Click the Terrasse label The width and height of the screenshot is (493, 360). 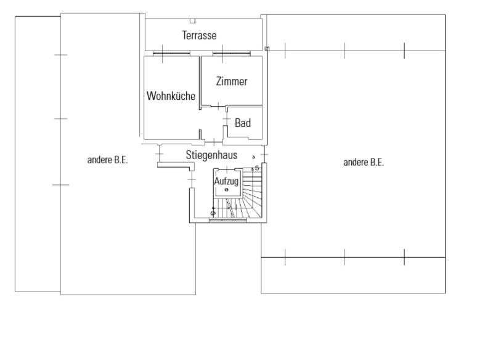tap(199, 35)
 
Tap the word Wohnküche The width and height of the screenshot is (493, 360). tap(171, 96)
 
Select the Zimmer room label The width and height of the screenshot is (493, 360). tap(232, 81)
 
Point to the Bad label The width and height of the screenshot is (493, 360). tap(243, 123)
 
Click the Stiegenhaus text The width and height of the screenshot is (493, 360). tap(211, 155)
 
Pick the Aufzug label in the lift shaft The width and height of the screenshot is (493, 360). tap(226, 181)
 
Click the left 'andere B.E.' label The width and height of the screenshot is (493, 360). tap(107, 160)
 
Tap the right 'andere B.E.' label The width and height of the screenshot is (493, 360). tap(364, 162)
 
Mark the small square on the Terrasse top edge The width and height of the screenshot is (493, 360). tap(192, 21)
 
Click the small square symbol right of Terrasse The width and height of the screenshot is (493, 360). tap(267, 49)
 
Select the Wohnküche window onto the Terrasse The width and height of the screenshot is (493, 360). tap(171, 54)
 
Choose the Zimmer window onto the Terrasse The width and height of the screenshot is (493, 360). tap(232, 54)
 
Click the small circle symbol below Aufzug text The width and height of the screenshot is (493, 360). tap(226, 190)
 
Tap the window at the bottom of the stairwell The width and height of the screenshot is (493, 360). tap(228, 221)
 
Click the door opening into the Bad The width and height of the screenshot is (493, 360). tap(226, 119)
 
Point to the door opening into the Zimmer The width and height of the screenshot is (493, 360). tap(218, 106)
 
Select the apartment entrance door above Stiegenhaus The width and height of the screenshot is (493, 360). tap(213, 142)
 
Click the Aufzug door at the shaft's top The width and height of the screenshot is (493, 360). tap(226, 170)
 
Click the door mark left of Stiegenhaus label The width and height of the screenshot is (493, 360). tap(160, 154)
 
